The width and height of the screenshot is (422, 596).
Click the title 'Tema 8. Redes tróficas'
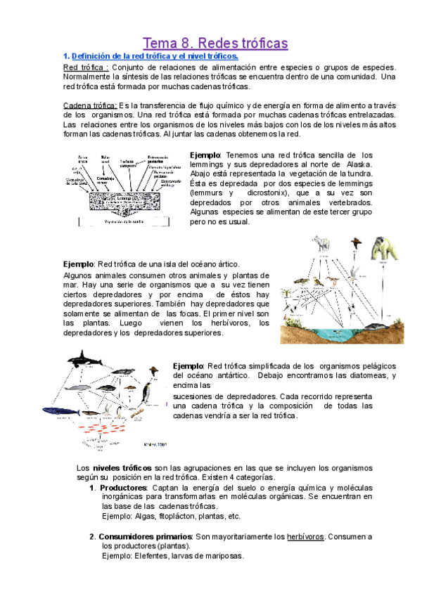click(215, 44)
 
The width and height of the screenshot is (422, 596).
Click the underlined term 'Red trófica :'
click(86, 67)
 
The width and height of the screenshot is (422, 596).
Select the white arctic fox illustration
click(321, 243)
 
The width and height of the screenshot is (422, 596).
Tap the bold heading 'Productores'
click(124, 488)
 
